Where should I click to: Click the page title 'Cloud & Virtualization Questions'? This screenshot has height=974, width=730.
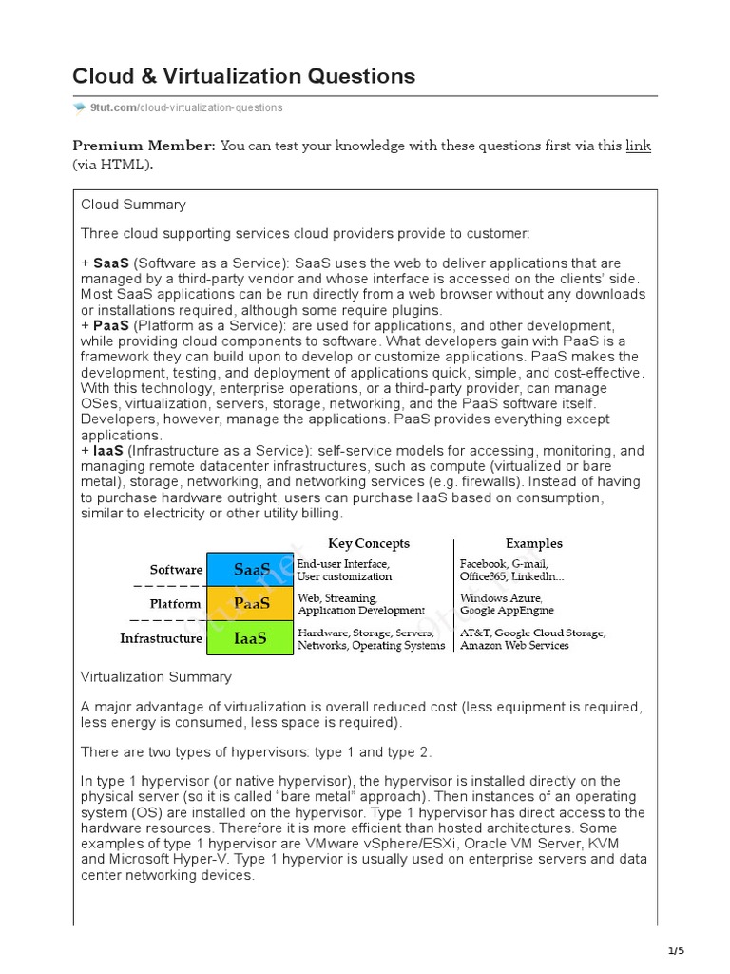point(243,75)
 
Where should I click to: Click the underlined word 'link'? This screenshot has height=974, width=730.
point(638,146)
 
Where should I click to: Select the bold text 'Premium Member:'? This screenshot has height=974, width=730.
point(144,146)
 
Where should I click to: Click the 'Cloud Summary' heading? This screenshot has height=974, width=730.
point(133,205)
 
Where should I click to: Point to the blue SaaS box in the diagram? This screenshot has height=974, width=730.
point(251,570)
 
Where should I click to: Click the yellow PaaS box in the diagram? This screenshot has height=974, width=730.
point(251,603)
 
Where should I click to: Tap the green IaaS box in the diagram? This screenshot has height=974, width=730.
point(251,638)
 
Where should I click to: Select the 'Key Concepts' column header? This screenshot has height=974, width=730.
point(369,543)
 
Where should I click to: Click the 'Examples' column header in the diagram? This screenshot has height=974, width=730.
point(533,543)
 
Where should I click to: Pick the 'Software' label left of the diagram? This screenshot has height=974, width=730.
point(176,570)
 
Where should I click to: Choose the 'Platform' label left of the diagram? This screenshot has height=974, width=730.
point(176,604)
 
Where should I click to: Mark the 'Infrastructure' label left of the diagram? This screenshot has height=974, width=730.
point(161,638)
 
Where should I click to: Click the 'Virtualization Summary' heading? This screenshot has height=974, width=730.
point(156,677)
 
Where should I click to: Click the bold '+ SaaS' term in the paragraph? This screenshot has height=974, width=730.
point(106,263)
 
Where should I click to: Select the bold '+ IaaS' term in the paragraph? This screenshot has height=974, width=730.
point(103,451)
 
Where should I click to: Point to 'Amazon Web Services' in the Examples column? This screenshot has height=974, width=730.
point(514,646)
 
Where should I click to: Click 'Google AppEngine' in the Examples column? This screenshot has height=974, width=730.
point(507,611)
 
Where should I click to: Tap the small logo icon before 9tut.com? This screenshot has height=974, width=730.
point(80,107)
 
